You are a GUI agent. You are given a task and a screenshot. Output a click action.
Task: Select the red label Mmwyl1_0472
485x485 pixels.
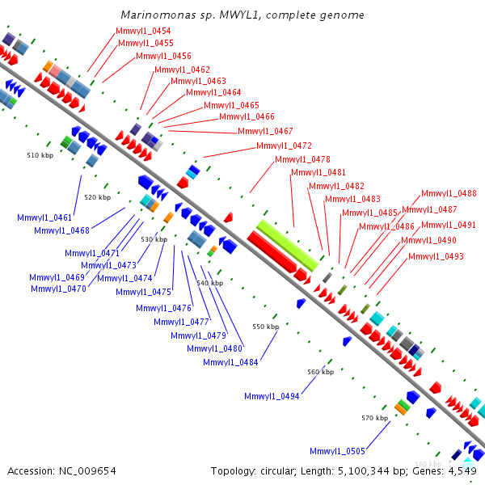point(284,145)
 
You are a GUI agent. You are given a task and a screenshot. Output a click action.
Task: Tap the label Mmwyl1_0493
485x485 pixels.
point(436,256)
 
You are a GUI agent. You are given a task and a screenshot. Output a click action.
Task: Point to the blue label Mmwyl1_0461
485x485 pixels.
point(44,217)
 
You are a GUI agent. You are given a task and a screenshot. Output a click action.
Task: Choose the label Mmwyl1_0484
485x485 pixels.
point(230,362)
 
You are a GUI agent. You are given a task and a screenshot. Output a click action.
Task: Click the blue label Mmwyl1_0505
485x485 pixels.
point(337,451)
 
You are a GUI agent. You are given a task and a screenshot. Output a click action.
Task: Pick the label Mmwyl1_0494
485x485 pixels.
point(272,396)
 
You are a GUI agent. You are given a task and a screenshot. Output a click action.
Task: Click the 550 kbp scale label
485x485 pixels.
point(265,327)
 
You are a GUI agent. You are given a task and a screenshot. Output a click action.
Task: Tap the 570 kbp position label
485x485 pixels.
point(374,418)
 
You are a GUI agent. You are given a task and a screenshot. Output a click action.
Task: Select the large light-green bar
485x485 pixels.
point(287,243)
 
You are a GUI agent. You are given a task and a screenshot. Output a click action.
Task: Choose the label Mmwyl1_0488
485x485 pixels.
point(449,193)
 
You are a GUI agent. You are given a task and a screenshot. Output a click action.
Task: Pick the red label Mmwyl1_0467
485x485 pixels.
point(265,131)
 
